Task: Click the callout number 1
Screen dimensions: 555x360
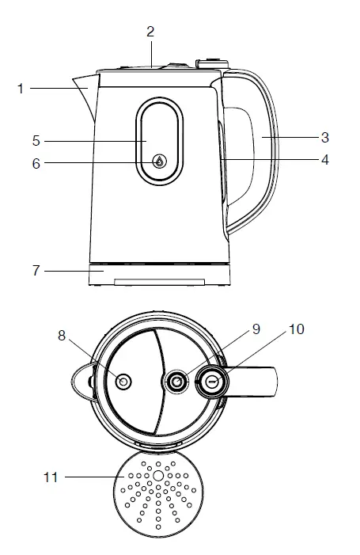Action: tap(21, 89)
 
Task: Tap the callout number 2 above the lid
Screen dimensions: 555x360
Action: tap(150, 32)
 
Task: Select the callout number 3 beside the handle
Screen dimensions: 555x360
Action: tap(324, 137)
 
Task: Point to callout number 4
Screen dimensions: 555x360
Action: tap(324, 159)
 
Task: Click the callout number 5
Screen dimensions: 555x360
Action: tap(36, 141)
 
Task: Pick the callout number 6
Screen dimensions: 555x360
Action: tap(36, 164)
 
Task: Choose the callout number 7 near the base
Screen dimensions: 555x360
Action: tap(36, 271)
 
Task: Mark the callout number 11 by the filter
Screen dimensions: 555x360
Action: tap(50, 477)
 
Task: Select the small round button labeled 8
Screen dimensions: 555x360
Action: tap(123, 382)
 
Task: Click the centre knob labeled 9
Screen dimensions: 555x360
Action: tap(177, 382)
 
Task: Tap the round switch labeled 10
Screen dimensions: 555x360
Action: tap(211, 382)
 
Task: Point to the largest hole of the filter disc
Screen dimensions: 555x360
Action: tap(158, 476)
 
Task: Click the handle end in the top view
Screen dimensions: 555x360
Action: tap(273, 382)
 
